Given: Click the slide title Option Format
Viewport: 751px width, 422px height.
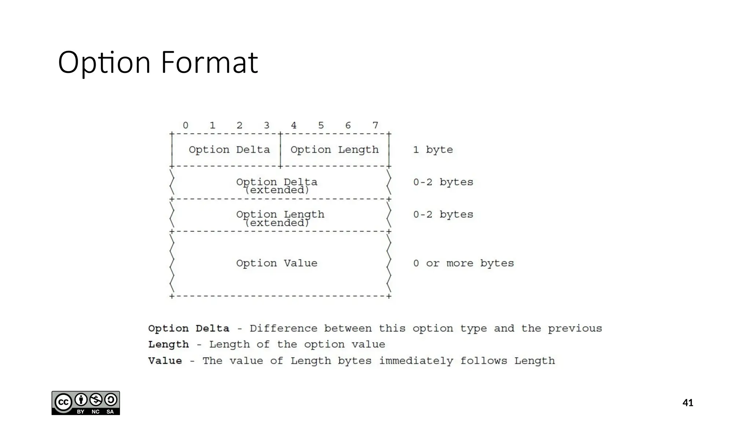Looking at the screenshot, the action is [158, 62].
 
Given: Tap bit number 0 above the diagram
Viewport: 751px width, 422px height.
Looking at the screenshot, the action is [186, 126].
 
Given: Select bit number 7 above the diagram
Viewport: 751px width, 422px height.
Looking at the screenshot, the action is [375, 126].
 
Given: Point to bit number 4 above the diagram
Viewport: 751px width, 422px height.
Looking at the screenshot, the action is [294, 126].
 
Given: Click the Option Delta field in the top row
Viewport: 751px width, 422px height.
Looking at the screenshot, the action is [229, 150].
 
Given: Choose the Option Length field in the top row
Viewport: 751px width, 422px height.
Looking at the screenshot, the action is [334, 150].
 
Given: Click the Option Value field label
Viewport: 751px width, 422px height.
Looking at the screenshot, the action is [276, 263].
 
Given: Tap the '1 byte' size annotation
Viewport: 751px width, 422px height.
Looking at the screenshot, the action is [433, 150].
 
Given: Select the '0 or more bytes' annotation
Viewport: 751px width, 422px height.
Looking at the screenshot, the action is [464, 263].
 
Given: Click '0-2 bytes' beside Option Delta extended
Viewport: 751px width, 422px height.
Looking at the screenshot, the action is [443, 182].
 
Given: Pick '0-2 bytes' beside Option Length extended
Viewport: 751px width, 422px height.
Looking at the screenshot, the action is [443, 215].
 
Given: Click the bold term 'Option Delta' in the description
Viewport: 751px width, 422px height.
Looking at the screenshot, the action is [188, 329].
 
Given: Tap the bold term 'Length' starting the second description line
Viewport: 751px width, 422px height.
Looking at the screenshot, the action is [168, 345].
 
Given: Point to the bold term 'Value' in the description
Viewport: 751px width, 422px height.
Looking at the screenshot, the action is [165, 361].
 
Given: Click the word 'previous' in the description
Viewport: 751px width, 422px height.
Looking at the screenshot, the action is [575, 329].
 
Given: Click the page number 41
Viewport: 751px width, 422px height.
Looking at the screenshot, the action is [688, 403].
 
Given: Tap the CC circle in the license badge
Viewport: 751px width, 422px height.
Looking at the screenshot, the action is [63, 402].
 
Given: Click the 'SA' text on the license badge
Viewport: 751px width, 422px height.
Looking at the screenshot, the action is [110, 412].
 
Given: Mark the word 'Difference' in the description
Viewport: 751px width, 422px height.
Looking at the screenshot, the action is [283, 329].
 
